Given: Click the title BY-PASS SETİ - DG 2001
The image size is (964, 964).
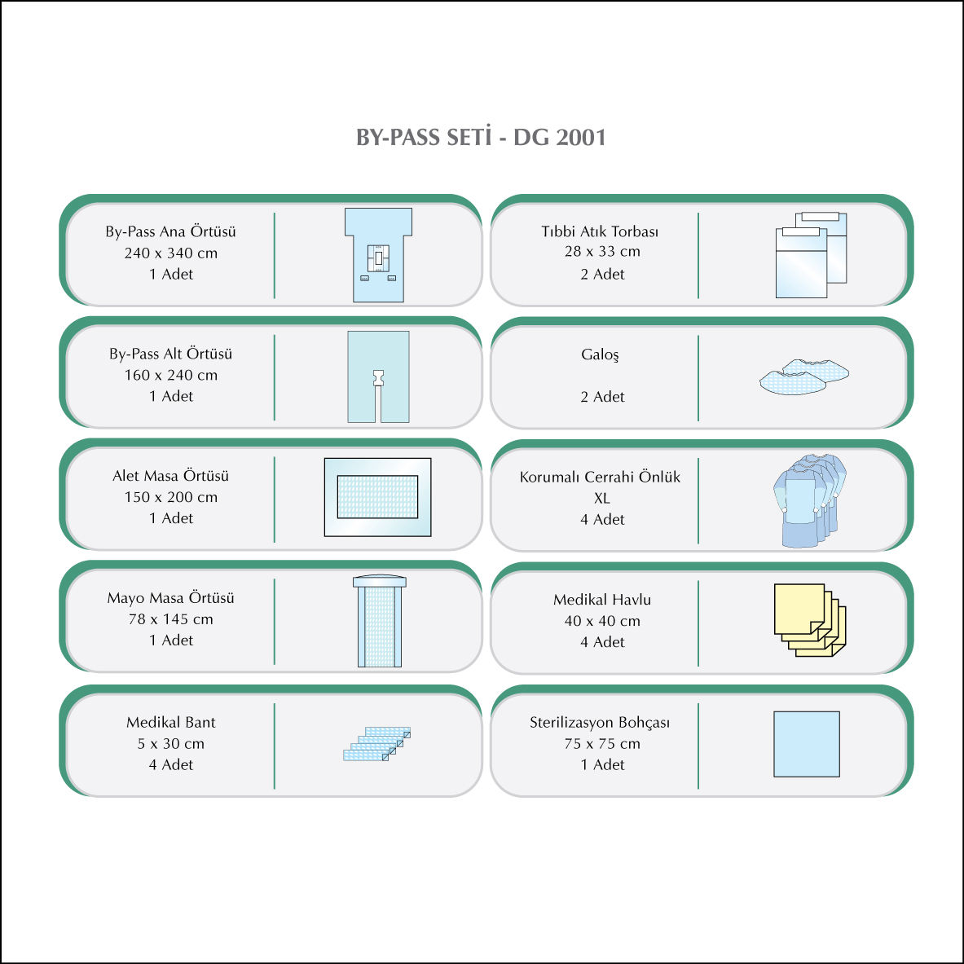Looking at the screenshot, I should point(481,137).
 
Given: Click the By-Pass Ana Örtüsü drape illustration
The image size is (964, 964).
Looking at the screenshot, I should point(378,254).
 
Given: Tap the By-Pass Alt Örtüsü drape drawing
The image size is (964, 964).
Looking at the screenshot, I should point(378,376).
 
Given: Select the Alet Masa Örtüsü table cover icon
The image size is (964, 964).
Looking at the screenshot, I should point(377,497).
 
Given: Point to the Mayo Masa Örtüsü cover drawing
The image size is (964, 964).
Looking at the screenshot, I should point(379,622).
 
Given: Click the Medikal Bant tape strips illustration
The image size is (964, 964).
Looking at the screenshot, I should point(376,743).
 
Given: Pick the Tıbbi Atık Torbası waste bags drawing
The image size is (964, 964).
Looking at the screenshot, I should point(811,255).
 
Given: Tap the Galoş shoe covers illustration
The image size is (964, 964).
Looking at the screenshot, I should point(803,376).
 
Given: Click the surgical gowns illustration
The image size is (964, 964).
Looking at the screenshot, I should point(808,499).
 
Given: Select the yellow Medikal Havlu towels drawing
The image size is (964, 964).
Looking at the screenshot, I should point(809,619).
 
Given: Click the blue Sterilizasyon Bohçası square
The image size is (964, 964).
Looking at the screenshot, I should point(806,744).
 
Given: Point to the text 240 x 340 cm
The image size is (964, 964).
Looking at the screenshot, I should point(171,253).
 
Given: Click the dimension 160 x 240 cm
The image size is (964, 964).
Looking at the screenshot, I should point(171,376).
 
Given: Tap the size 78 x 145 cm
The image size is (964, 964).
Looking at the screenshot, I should point(171,619).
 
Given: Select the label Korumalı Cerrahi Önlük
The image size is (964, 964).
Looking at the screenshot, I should point(600,477).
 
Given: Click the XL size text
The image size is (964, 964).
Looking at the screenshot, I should point(601,498).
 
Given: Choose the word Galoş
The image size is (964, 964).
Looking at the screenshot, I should point(600,354).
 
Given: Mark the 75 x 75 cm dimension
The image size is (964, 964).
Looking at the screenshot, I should point(602,744).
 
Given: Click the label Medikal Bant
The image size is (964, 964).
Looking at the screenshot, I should point(171,722).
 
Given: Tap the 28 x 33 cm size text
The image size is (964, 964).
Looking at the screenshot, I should point(602,252).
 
